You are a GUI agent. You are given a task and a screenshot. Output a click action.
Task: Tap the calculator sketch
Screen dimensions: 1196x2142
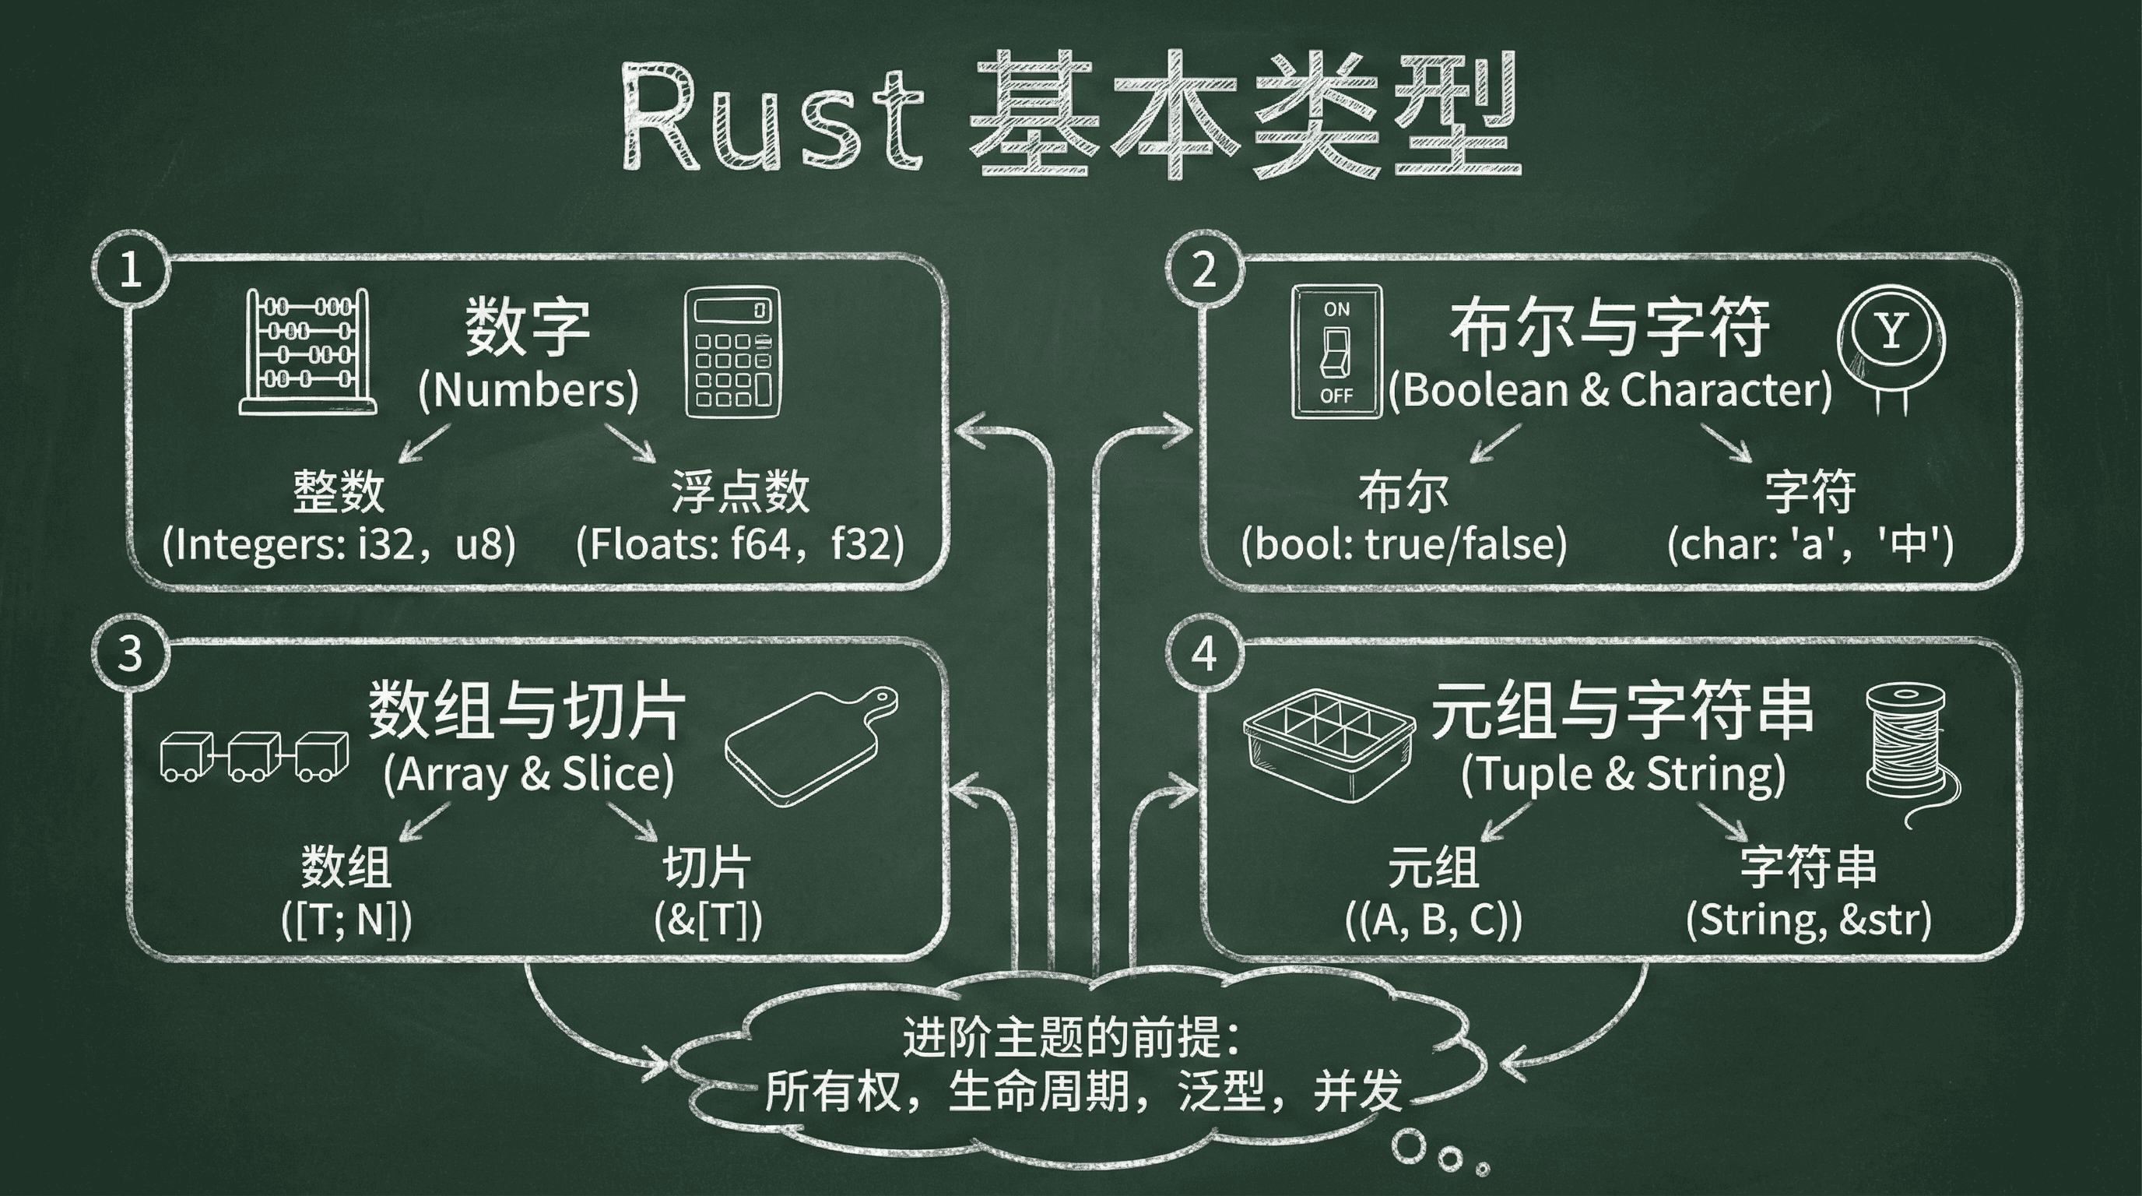click(x=732, y=353)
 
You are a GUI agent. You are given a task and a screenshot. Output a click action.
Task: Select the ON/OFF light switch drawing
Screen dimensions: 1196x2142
click(x=1336, y=352)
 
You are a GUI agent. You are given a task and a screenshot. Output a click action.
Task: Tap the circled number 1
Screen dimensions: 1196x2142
click(x=131, y=270)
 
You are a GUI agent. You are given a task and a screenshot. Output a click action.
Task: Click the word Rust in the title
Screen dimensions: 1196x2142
click(x=771, y=117)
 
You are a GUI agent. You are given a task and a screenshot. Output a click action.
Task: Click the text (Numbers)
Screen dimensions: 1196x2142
click(x=528, y=389)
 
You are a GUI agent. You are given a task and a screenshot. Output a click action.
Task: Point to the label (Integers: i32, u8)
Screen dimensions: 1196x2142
click(x=339, y=545)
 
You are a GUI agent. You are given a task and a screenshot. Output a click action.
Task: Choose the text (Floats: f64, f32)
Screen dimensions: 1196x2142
click(x=740, y=545)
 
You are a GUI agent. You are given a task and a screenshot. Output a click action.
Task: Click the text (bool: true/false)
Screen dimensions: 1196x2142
click(x=1403, y=545)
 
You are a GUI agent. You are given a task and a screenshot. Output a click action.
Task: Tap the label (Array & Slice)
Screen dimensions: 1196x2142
click(x=528, y=774)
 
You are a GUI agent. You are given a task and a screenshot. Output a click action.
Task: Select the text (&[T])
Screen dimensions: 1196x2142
click(x=708, y=920)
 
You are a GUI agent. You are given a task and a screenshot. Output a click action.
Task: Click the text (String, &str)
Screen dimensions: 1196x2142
click(x=1808, y=920)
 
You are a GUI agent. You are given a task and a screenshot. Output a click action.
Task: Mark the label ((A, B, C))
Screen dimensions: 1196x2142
click(x=1434, y=920)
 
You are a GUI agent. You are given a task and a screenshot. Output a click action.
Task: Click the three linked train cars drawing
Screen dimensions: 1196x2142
click(x=254, y=756)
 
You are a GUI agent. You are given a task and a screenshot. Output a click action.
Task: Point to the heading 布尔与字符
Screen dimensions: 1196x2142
click(x=1610, y=329)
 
